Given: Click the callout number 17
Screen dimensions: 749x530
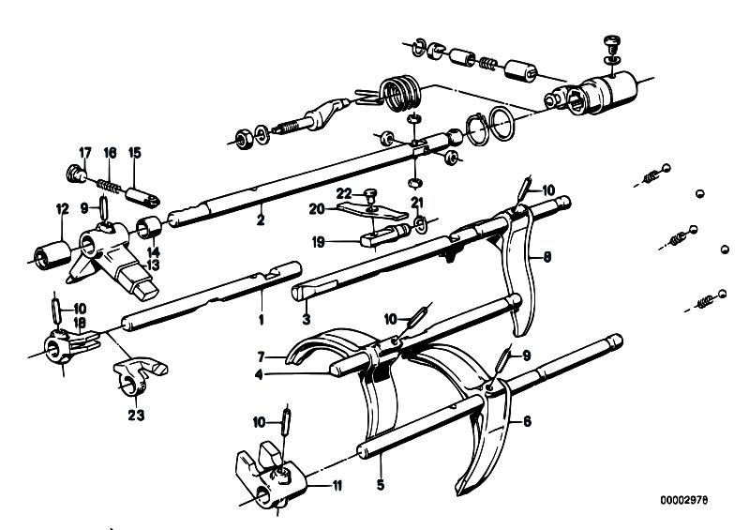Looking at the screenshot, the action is pos(84,153).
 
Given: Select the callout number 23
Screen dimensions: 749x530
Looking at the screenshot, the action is pos(136,416).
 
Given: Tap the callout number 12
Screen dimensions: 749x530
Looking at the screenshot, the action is pos(62,209).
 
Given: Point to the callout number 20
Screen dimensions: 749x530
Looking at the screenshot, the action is pos(316,209).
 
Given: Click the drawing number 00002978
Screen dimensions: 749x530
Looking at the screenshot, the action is pos(684,500).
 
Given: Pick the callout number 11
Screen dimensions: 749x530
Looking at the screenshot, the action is pos(337,486).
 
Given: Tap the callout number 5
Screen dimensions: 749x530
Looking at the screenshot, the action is pos(381,485).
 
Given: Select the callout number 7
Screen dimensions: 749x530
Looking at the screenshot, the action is pos(261,357).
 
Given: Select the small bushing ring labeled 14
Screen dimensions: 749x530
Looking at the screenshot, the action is pos(149,226).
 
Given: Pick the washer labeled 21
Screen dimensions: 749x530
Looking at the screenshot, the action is pos(419,224).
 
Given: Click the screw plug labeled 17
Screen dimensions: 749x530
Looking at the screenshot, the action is pos(74,173).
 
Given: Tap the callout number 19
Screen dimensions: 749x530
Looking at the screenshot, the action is pos(318,242).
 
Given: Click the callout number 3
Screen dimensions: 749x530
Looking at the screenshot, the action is pos(307,319).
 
